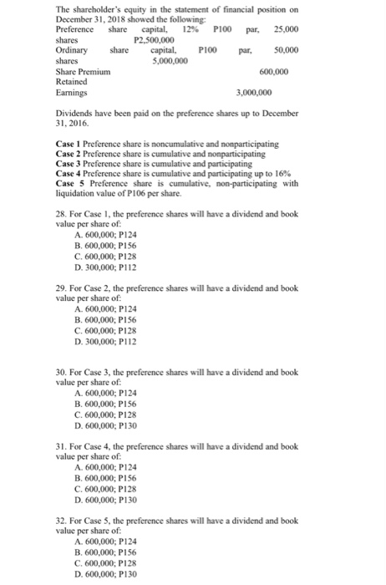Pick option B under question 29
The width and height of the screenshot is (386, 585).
click(x=79, y=314)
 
